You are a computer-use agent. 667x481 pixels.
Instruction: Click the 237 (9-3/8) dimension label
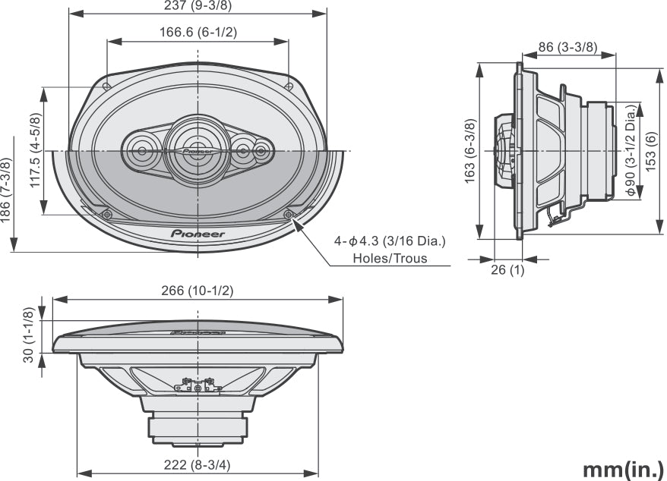tap(198, 6)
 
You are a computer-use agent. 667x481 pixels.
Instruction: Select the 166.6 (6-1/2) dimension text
tap(198, 33)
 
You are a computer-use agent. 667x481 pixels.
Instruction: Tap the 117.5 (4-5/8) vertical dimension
tap(35, 151)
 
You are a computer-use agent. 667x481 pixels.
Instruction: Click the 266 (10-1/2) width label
tap(198, 291)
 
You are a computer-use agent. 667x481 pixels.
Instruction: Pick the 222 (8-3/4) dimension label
tap(198, 465)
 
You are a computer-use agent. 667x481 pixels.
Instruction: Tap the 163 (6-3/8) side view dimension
tap(470, 151)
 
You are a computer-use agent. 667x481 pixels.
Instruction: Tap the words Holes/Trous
tap(390, 258)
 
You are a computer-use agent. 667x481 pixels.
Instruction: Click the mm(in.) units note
tap(623, 468)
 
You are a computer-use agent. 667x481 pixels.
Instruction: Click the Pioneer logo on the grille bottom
tap(198, 234)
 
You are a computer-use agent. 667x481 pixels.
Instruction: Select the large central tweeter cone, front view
tap(197, 149)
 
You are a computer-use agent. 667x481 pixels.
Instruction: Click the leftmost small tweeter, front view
tap(141, 151)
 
